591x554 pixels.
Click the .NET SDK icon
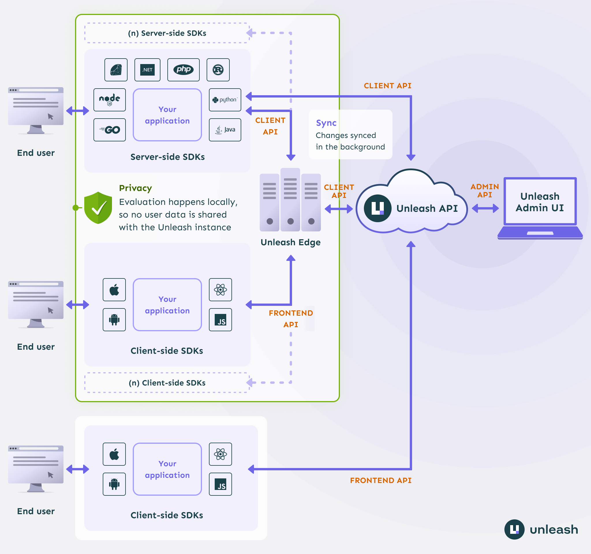pos(147,70)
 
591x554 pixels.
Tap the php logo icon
pos(183,70)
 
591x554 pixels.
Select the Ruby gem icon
pos(116,70)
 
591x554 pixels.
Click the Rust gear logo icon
pos(218,70)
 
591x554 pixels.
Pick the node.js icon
pos(109,100)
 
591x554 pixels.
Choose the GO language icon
pos(109,130)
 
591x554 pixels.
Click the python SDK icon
pos(225,100)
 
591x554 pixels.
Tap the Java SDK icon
pos(225,130)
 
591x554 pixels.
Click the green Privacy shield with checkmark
pos(98,207)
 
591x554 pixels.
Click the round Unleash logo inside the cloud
pos(377,208)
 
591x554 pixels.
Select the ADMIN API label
pos(484,190)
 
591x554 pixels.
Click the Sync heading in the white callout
pos(326,123)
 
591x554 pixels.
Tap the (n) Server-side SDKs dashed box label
pos(167,33)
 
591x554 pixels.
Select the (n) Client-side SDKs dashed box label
pos(167,383)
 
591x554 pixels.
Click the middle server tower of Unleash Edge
pos(290,200)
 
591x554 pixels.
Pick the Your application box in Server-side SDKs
pos(167,115)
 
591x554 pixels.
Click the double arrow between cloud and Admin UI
pos(485,208)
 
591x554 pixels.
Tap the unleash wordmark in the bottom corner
pos(553,529)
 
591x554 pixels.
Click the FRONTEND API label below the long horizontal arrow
pos(381,480)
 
